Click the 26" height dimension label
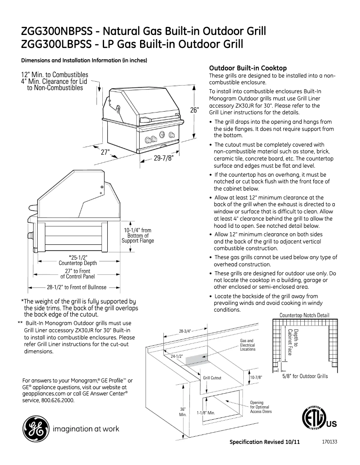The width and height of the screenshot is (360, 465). [x=193, y=110]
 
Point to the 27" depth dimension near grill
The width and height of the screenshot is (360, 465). [x=105, y=152]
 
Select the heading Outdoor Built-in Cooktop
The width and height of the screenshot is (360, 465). [x=248, y=68]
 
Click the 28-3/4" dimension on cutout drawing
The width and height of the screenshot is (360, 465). [x=185, y=331]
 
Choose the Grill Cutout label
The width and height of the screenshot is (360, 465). [x=212, y=378]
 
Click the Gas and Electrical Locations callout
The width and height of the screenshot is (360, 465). [x=247, y=345]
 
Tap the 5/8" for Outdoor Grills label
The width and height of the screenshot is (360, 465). [x=305, y=376]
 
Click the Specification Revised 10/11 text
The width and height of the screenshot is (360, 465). [x=264, y=442]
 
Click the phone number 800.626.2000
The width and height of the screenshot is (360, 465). [x=57, y=400]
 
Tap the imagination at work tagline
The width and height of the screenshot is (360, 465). [x=86, y=429]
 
